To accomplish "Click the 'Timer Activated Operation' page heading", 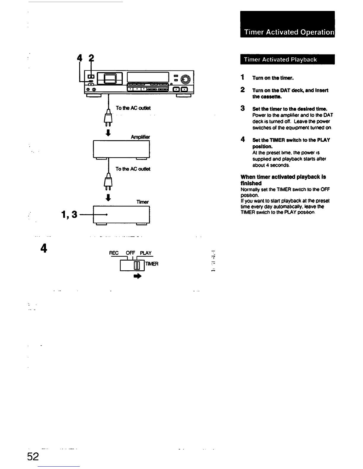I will [289, 32].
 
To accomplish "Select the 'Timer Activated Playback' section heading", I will [280, 60].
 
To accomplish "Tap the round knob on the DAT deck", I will [186, 79].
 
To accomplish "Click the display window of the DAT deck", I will [147, 77].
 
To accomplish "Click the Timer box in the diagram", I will [121, 215].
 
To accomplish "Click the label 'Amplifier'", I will [140, 137].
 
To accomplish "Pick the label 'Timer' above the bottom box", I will [142, 202].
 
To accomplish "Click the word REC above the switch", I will [114, 253].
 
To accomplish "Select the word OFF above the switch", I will [130, 253].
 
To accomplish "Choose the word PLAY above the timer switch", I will [146, 253].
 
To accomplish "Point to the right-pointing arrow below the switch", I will [138, 276].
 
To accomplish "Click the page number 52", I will [33, 457].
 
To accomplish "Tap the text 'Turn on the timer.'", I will [273, 78].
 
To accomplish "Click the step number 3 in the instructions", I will [243, 108].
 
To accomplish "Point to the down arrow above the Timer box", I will [109, 197].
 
